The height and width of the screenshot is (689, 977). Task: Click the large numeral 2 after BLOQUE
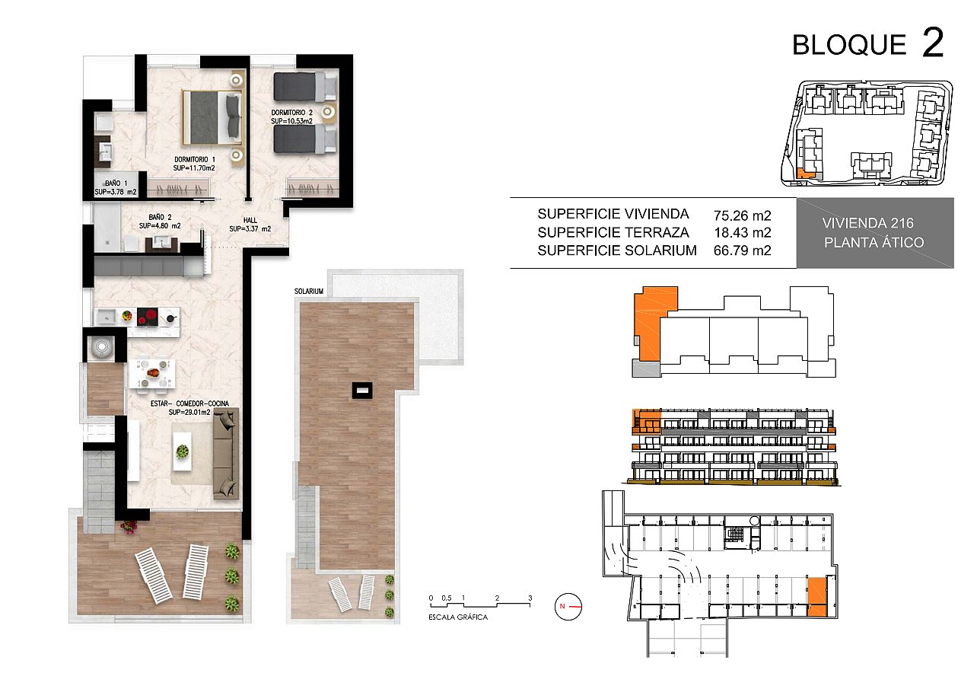point(933,43)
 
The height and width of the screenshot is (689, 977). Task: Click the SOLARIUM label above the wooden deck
point(309,291)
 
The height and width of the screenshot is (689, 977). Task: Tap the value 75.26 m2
point(743,215)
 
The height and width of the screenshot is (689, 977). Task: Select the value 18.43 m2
point(743,232)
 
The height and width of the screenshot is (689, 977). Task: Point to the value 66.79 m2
point(743,250)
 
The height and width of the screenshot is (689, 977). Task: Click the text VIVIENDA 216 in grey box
point(867,223)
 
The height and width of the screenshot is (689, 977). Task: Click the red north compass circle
point(568,607)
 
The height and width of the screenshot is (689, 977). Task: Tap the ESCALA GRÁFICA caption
point(458,617)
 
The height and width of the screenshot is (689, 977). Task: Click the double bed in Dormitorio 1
point(212,117)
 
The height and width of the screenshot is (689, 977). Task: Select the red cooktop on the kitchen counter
point(147,317)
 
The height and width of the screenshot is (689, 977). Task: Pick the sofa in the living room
point(226,454)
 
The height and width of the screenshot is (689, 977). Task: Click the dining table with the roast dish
point(152,373)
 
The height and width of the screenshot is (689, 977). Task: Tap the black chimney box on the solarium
point(362,391)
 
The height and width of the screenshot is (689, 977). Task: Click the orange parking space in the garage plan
point(817,596)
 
